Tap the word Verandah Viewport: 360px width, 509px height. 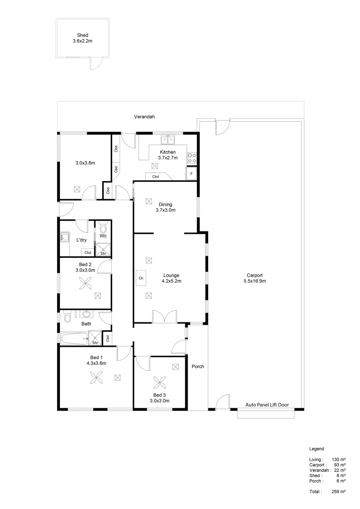click(145, 116)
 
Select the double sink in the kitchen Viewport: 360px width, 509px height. click(167, 140)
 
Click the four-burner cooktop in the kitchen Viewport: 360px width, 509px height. click(192, 158)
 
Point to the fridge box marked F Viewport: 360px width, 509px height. click(191, 174)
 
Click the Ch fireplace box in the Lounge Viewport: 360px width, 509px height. click(141, 278)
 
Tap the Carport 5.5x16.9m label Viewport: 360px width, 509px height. click(254, 278)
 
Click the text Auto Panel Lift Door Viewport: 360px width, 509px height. click(267, 405)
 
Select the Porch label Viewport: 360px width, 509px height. click(198, 366)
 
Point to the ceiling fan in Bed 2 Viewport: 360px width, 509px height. click(85, 283)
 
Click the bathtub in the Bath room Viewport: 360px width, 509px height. click(74, 338)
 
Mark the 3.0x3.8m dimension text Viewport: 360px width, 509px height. click(85, 163)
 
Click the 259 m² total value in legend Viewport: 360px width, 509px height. click(339, 492)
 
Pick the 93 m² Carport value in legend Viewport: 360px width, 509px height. click(340, 465)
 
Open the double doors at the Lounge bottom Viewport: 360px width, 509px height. click(165, 317)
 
